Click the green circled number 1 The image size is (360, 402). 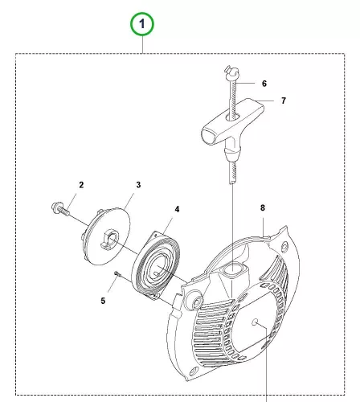(x=142, y=24)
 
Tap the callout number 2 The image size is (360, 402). (x=81, y=185)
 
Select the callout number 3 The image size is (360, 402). (x=138, y=185)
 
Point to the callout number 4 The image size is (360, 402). (x=177, y=209)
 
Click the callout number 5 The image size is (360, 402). (x=103, y=301)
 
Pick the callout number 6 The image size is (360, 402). (x=264, y=84)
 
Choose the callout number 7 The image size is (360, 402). (x=284, y=100)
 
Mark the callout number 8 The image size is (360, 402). (x=263, y=207)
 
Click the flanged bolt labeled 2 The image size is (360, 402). (x=59, y=209)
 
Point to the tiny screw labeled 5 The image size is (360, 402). (x=117, y=273)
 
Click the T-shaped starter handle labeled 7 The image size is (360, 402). (x=232, y=127)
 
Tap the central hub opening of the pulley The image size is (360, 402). (x=110, y=240)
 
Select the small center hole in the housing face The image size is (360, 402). (x=255, y=322)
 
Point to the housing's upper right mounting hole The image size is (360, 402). (x=284, y=245)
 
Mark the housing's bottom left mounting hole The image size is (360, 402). (x=193, y=372)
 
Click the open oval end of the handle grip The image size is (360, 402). (x=211, y=136)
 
